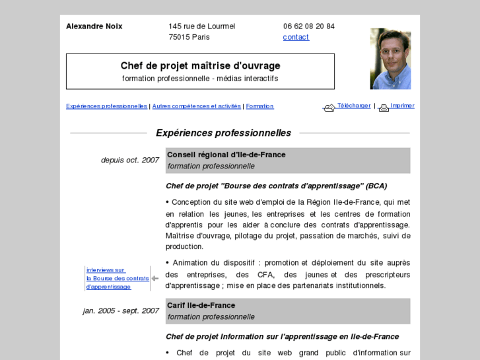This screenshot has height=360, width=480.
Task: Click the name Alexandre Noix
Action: click(94, 26)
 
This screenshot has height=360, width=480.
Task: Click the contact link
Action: click(296, 37)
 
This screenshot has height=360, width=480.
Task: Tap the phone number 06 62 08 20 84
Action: click(309, 26)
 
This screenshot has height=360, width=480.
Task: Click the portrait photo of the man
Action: click(390, 59)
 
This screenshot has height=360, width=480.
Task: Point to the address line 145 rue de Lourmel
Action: click(202, 26)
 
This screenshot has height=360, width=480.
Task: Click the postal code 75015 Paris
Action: click(189, 37)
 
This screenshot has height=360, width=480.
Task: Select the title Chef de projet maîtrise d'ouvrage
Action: click(200, 65)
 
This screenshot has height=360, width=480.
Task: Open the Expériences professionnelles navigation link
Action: click(106, 106)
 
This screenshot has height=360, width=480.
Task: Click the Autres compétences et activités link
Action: click(197, 106)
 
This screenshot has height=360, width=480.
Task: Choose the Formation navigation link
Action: click(259, 106)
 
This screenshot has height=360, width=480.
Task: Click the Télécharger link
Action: click(354, 106)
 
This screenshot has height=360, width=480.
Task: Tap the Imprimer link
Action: click(402, 106)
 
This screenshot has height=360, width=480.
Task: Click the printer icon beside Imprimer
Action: click(384, 108)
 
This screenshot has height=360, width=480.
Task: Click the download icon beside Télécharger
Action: click(329, 108)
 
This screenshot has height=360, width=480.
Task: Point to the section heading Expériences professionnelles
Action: click(223, 133)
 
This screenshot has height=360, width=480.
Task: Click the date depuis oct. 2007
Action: click(129, 160)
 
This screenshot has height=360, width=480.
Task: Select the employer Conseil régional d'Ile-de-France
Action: click(226, 155)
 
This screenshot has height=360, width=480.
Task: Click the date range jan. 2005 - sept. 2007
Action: click(121, 310)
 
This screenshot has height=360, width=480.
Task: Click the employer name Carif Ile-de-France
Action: click(201, 305)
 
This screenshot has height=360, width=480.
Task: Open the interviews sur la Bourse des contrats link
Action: click(117, 278)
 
